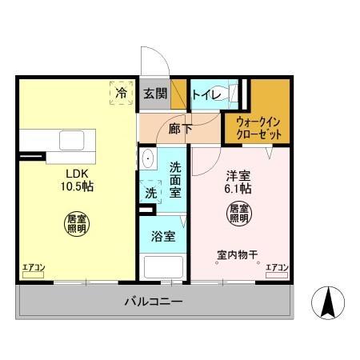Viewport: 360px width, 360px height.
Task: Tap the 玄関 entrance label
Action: (154, 93)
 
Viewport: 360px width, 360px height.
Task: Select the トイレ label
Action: (206, 93)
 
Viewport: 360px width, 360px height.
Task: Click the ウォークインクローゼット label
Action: (257, 128)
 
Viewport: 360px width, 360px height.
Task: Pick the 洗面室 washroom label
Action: (176, 179)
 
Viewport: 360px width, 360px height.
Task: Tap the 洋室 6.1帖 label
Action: (236, 183)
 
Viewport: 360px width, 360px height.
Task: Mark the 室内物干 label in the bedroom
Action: (238, 255)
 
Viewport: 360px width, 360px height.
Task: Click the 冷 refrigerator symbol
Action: (122, 93)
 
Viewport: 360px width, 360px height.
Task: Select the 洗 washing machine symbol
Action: (150, 192)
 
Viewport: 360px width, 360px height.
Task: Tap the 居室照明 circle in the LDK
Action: (76, 223)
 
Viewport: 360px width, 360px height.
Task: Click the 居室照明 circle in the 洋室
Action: (239, 214)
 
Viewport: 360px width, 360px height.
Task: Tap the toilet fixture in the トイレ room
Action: (234, 93)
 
